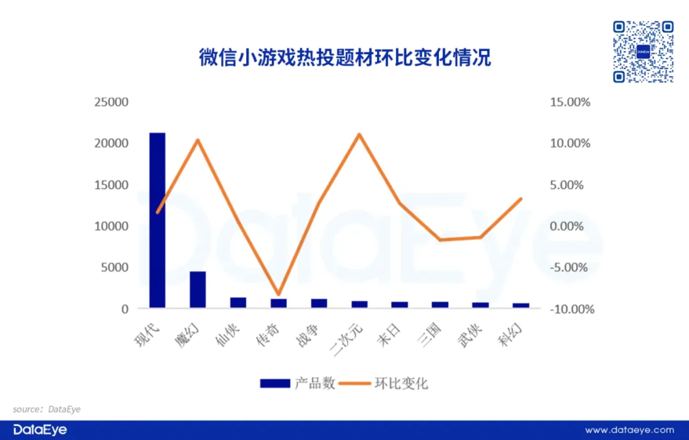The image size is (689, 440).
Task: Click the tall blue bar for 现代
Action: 157,220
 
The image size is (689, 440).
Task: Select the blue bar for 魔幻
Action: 198,289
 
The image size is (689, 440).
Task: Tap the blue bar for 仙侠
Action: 238,303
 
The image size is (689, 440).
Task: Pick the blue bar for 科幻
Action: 521,305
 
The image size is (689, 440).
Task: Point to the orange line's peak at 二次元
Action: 359,134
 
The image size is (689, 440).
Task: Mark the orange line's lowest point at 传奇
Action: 278,294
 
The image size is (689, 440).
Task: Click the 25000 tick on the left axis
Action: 111,102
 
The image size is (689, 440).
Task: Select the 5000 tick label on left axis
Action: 114,267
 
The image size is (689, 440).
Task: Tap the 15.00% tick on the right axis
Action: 570,102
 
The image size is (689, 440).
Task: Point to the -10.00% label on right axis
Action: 572,309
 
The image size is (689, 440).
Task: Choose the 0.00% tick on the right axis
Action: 567,226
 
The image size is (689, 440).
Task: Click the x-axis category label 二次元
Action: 346,341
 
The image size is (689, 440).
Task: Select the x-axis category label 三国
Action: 429,336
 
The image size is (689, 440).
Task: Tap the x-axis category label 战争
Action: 308,336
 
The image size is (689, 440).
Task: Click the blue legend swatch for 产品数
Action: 275,384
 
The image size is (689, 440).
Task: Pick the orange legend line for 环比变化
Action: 355,384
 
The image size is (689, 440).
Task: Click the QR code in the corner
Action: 643,52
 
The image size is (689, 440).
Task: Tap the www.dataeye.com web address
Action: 629,430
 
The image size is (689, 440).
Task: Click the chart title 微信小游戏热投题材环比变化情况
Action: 345,57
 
